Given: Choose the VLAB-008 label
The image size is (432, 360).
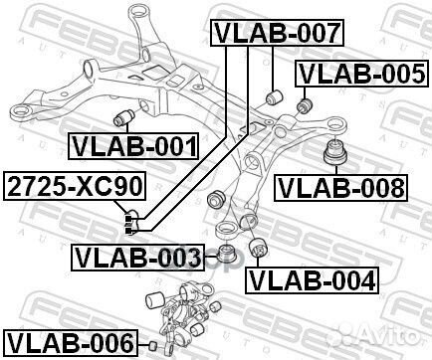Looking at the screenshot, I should (x=341, y=186).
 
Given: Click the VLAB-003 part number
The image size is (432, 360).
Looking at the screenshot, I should (x=136, y=258).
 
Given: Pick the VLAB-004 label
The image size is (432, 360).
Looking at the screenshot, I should (x=313, y=281).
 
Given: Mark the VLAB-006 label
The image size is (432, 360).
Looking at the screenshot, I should (x=69, y=343).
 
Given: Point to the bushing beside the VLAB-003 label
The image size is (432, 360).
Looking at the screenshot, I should (x=226, y=257).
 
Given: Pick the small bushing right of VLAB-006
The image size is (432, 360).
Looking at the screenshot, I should (x=153, y=344).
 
